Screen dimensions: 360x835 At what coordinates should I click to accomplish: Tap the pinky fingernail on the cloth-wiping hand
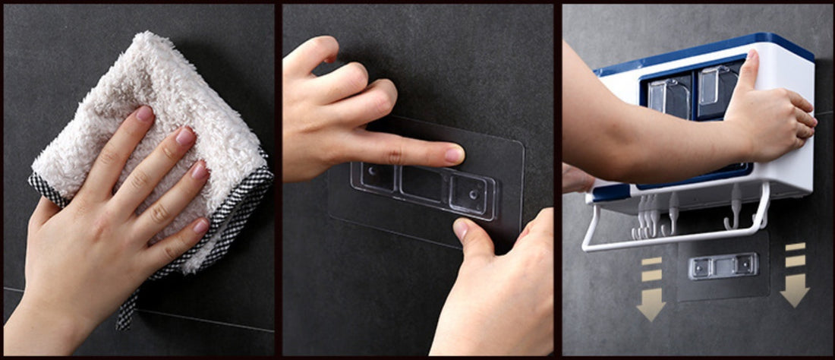(201, 226)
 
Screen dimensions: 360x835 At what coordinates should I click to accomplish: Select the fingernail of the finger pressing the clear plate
(454, 155)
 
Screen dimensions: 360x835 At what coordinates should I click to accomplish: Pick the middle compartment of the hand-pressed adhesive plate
(423, 184)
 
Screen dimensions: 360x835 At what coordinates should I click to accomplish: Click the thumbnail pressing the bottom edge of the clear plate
(461, 230)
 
